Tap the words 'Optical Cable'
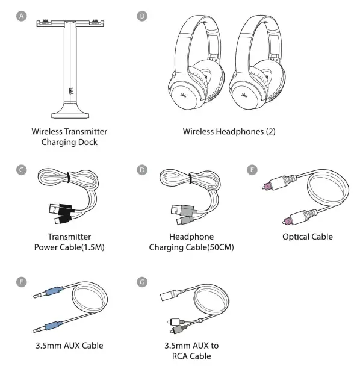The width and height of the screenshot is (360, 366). [308, 237]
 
